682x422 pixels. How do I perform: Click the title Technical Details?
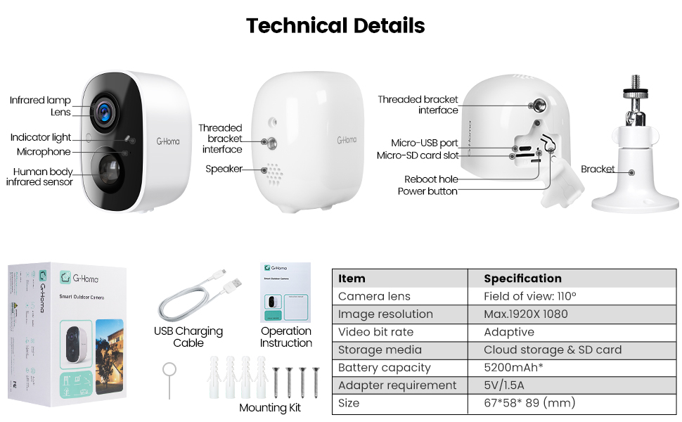pyautogui.click(x=335, y=26)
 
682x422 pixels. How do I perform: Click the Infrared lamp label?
pyautogui.click(x=40, y=101)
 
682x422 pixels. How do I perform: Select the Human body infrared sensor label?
pyautogui.click(x=39, y=177)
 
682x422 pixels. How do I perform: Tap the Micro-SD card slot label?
pyautogui.click(x=418, y=155)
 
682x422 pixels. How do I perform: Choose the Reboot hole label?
pyautogui.click(x=431, y=179)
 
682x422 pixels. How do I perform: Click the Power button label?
pyautogui.click(x=427, y=191)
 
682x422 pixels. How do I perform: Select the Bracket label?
pyautogui.click(x=598, y=170)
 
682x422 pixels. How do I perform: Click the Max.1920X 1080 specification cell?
pyautogui.click(x=525, y=314)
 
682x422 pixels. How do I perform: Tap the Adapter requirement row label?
pyautogui.click(x=397, y=385)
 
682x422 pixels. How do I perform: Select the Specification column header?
pyautogui.click(x=522, y=279)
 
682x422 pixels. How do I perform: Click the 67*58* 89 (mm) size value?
pyautogui.click(x=529, y=403)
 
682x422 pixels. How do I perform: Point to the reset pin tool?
pyautogui.click(x=169, y=380)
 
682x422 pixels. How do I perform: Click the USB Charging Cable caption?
pyautogui.click(x=188, y=337)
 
